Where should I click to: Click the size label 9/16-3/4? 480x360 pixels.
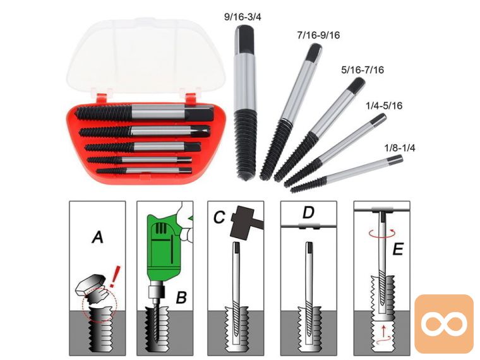pos(243,17)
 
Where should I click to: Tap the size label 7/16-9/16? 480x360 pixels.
pos(318,35)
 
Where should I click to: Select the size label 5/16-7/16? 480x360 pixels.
pos(363,70)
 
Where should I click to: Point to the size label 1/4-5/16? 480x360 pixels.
pos(384,106)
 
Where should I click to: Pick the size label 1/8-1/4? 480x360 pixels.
pos(400,148)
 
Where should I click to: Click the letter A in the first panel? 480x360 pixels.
pos(97,237)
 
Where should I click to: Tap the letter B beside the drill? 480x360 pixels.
pos(181,297)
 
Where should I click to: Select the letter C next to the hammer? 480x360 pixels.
pos(219,217)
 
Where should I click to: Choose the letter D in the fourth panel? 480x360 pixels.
pos(308,213)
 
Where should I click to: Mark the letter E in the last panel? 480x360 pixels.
pos(397,249)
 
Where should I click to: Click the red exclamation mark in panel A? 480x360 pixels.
pos(114,276)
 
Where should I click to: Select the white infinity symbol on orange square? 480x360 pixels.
pos(444,323)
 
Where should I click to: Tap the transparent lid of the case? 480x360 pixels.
pos(146,54)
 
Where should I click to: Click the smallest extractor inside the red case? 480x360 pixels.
pos(144,171)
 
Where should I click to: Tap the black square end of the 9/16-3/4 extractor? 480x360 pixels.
pos(243,39)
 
